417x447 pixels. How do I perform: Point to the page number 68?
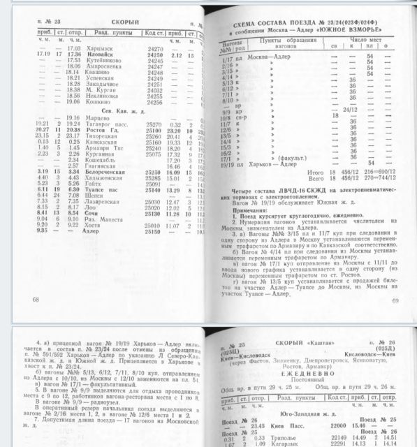tap(36, 298)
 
